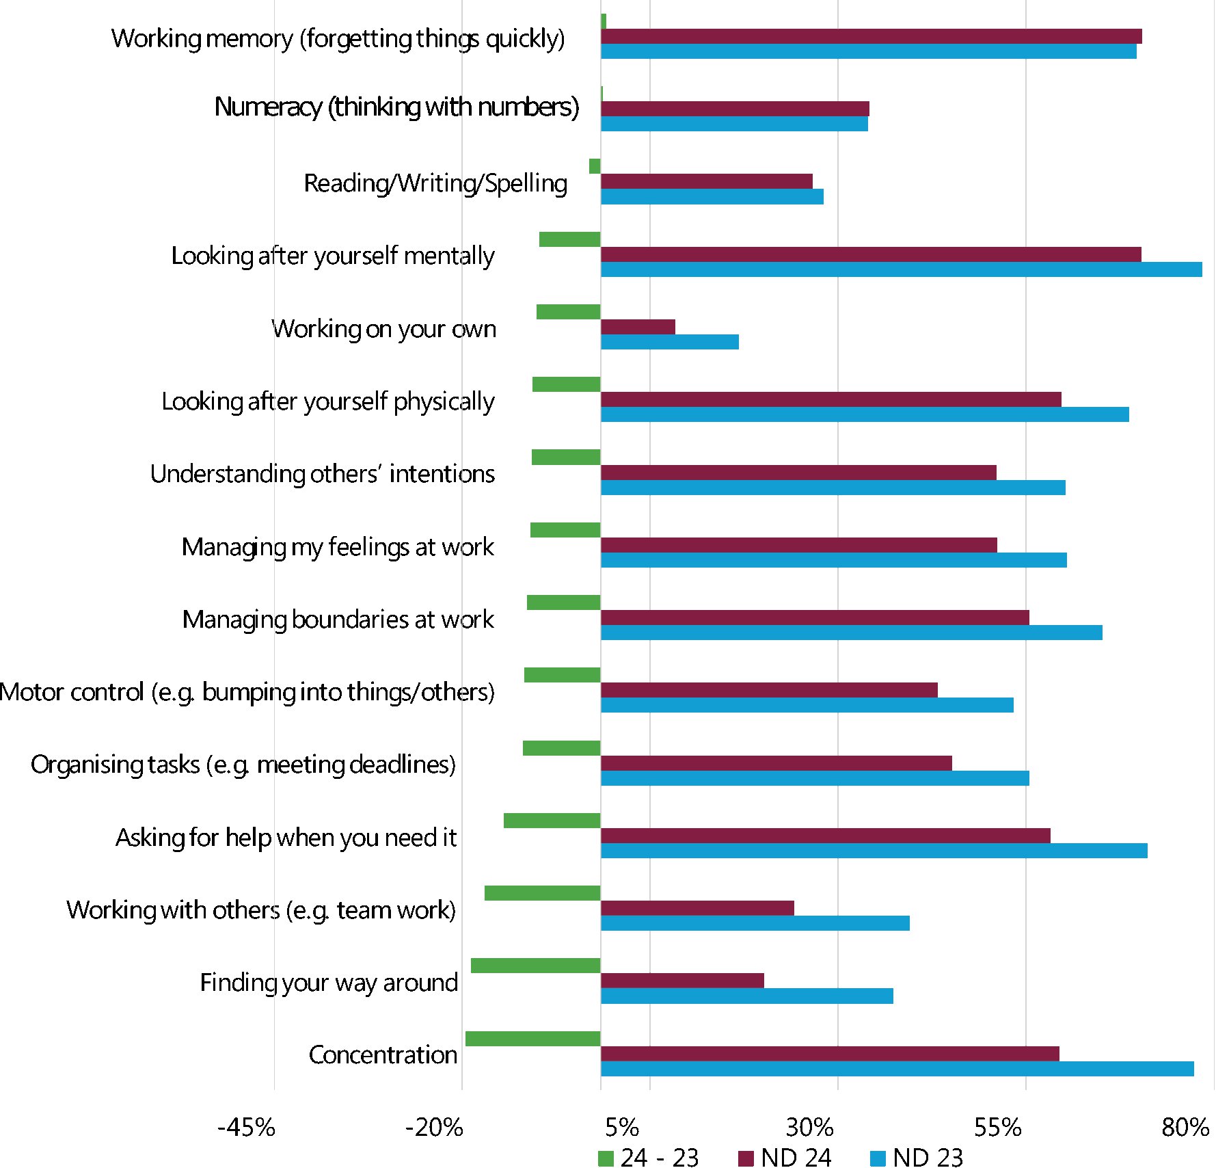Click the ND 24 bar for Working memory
871,36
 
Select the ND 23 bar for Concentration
897,1069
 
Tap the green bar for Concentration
532,1039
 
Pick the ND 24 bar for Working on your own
638,327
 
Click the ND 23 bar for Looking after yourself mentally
901,269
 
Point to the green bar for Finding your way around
535,966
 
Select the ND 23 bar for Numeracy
734,124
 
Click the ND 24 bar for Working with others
697,908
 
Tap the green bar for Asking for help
552,821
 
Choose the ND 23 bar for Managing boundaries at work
851,633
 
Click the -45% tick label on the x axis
246,1127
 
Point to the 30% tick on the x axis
809,1127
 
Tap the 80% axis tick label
1185,1127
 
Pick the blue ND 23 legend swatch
878,1158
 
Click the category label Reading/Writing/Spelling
435,183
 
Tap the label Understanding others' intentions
322,474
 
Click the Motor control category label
247,692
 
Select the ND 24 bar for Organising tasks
776,763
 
